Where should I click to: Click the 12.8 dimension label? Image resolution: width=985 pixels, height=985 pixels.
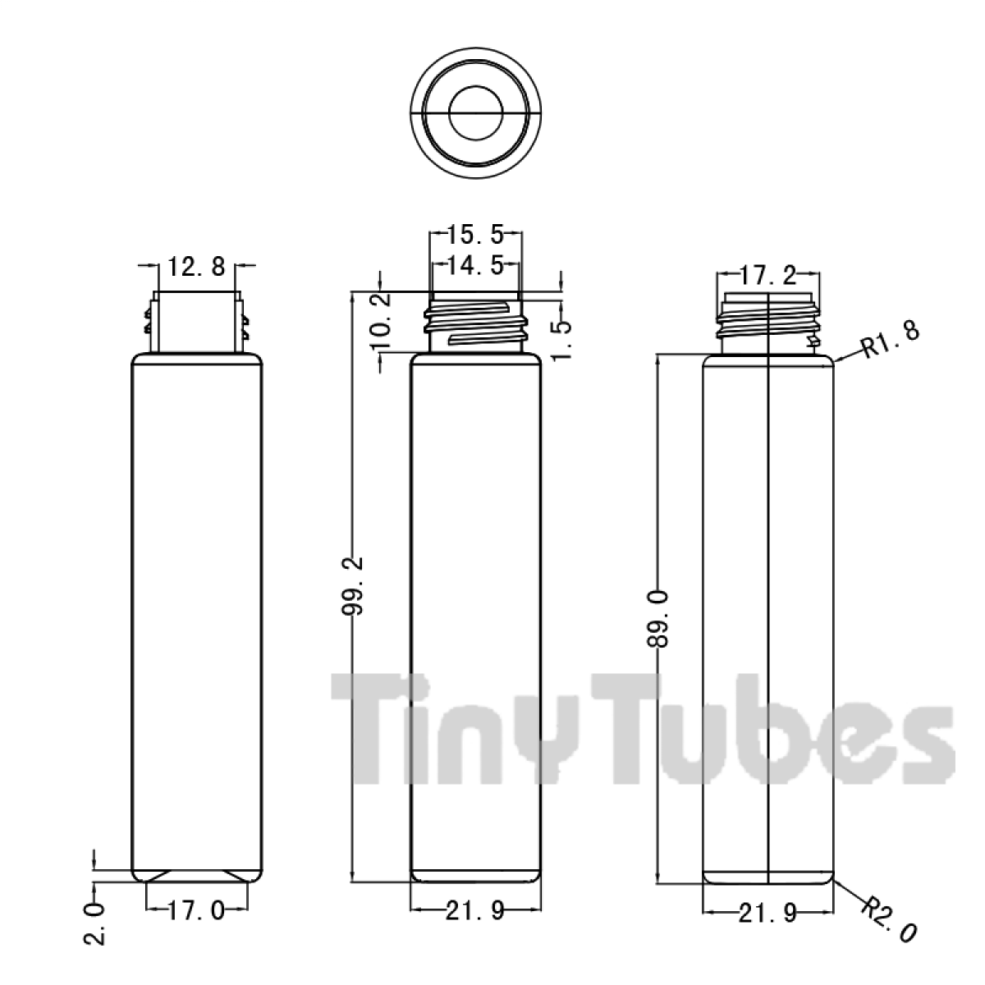[x=196, y=266]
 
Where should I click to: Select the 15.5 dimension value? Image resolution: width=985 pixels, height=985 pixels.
[x=476, y=235]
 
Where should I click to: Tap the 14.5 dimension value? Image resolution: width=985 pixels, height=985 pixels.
[x=476, y=265]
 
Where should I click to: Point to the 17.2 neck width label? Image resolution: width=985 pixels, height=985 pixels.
[x=768, y=277]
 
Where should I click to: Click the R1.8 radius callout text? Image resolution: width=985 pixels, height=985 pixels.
[x=891, y=340]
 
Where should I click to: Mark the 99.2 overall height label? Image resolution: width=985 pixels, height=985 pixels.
[x=352, y=586]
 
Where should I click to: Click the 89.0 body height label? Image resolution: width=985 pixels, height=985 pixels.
[x=657, y=619]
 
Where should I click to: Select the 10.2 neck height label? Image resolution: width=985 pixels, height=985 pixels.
[x=381, y=320]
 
